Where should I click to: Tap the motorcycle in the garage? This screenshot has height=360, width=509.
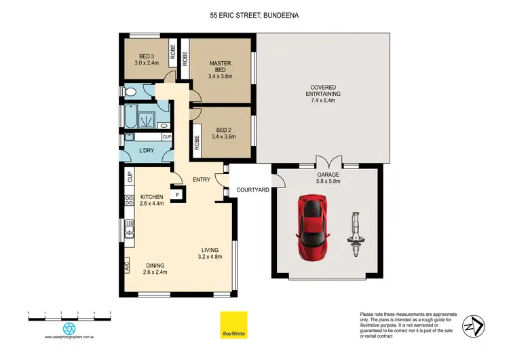click(x=356, y=231)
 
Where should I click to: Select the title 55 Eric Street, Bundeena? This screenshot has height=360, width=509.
click(x=254, y=14)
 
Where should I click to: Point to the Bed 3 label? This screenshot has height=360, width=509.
click(x=147, y=60)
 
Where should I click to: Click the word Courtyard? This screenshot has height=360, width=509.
click(x=249, y=191)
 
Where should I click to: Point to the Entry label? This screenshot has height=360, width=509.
click(x=201, y=179)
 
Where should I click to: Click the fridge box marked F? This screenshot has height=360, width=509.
click(x=178, y=195)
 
